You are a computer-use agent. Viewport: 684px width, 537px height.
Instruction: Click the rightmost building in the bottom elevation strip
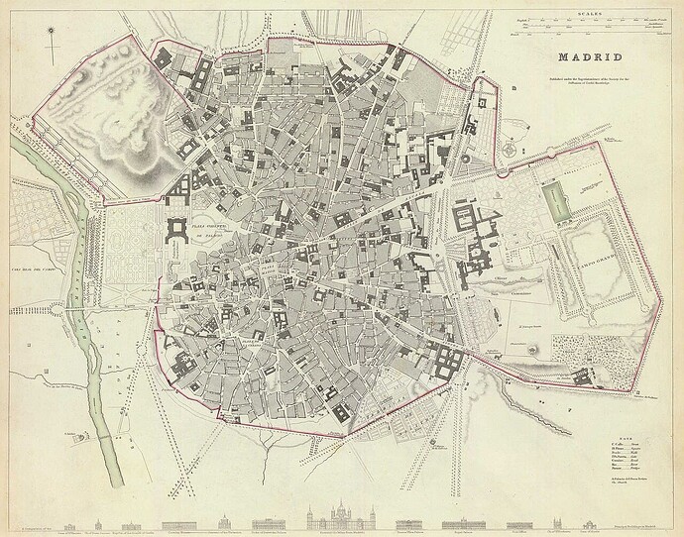pos(593,516)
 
